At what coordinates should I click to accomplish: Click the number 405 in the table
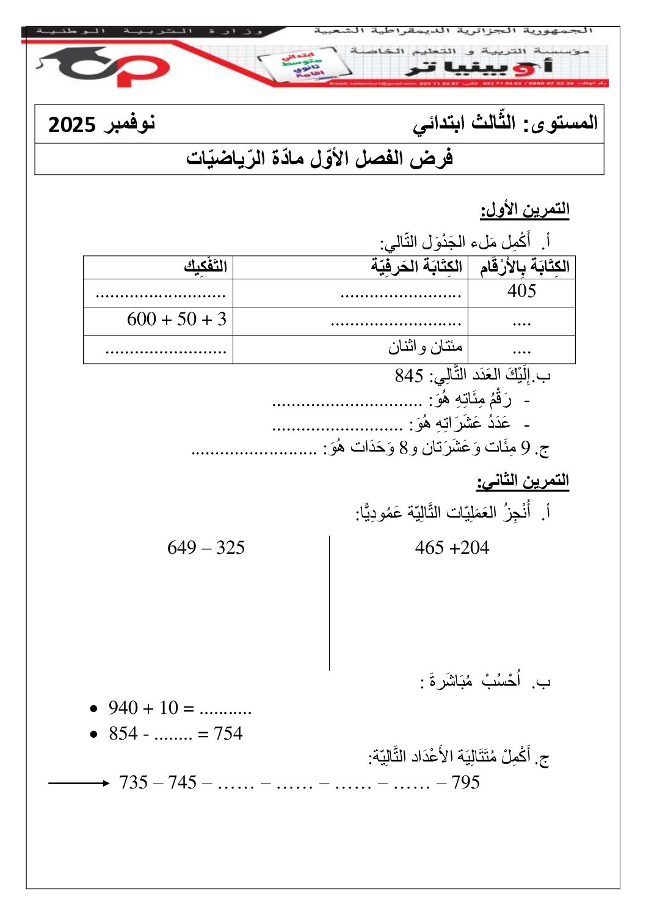pos(521,291)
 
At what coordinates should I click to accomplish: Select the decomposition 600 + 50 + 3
pos(176,319)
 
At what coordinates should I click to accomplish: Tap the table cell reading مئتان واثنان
pos(425,347)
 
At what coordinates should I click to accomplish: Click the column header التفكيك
pos(206,266)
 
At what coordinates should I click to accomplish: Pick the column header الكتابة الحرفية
pos(416,266)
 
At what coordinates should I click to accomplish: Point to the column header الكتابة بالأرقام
pos(524,266)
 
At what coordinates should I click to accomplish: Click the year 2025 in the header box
pos(72,125)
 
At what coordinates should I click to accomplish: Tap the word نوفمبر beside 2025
pos(129,123)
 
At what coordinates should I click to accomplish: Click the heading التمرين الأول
pos(524,210)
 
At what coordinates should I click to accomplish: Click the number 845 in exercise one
pos(409,375)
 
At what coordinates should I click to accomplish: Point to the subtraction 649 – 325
pos(206,548)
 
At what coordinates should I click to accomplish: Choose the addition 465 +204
pos(452,548)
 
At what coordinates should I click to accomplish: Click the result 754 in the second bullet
pos(228,733)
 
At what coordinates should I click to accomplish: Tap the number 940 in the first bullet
pos(123,708)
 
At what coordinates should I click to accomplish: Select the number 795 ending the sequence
pos(465,782)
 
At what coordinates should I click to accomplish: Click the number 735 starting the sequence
pos(134,782)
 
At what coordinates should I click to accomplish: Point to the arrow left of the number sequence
pos(78,783)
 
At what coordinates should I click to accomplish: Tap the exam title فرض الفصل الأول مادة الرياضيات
pos(319,159)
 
